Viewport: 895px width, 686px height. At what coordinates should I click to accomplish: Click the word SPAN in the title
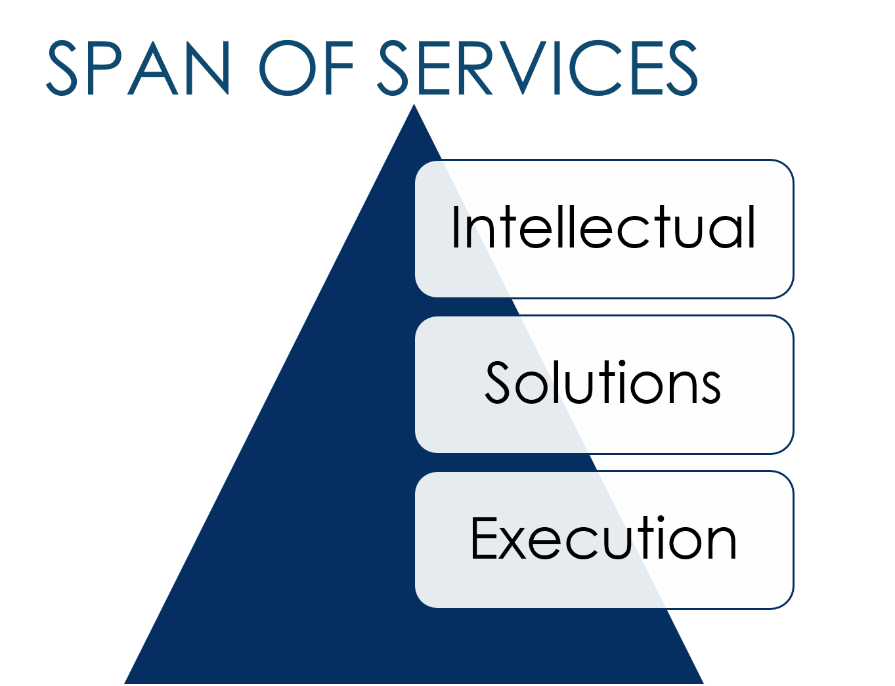pos(138,68)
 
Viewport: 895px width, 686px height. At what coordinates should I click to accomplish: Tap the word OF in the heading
pos(307,68)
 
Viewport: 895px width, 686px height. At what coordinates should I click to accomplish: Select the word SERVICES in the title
pos(537,68)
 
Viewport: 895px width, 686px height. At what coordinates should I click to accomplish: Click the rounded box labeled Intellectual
pos(603,228)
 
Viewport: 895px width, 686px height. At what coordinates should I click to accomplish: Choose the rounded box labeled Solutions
pos(603,384)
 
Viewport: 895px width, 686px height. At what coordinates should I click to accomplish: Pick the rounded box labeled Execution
pos(603,540)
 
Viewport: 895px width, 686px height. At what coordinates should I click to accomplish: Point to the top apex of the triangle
pos(414,104)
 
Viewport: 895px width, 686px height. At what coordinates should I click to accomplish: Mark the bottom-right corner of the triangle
pos(704,683)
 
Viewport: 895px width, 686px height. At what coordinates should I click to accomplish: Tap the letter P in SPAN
pos(104,68)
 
